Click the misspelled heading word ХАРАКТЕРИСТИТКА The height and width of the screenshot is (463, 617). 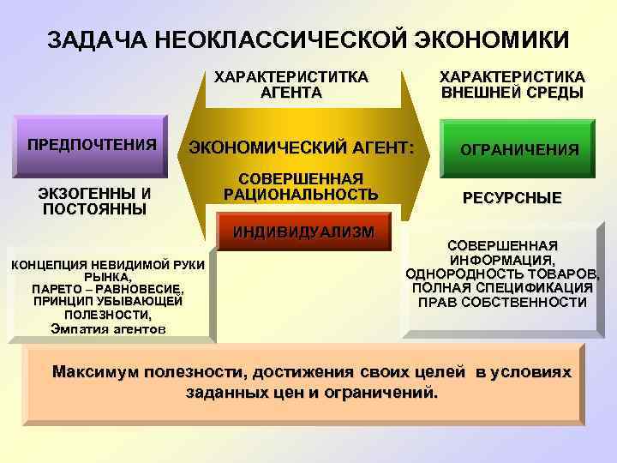291,77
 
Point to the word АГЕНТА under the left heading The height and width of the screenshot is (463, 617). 291,93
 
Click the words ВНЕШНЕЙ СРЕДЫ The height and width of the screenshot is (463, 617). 512,93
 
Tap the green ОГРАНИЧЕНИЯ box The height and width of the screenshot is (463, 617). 519,149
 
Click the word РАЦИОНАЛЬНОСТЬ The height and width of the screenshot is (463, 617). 301,195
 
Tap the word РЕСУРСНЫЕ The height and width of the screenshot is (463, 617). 512,198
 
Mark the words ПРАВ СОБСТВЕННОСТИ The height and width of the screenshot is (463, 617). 502,302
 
